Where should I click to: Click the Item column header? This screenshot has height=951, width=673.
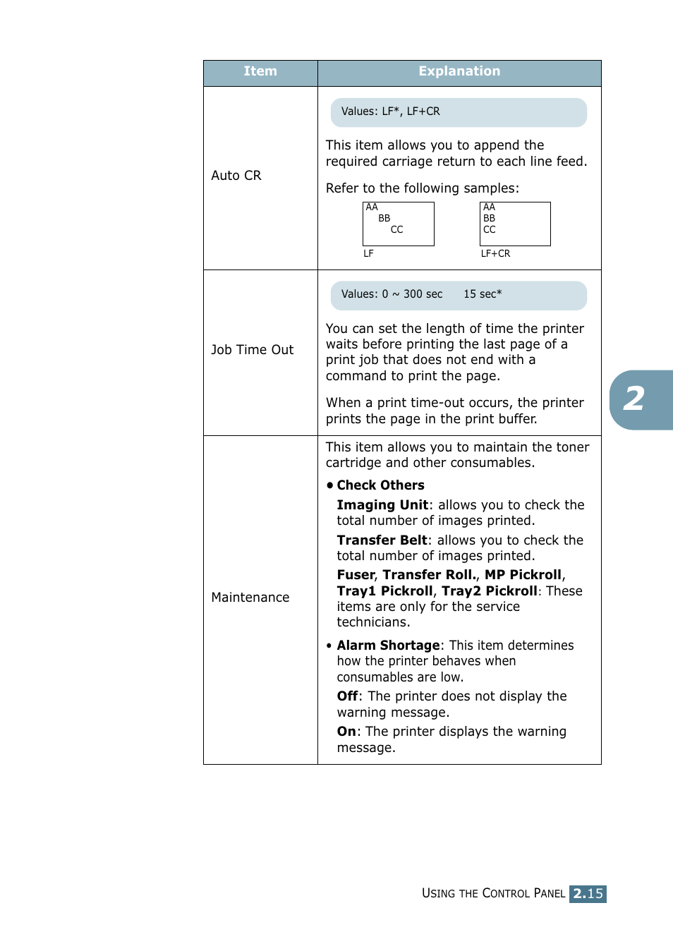pos(260,72)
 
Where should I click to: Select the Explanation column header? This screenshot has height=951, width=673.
pos(459,72)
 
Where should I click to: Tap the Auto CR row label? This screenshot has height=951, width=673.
pos(236,176)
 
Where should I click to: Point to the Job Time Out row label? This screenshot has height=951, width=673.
pos(253,350)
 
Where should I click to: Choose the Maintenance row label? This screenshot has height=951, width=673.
pos(250,598)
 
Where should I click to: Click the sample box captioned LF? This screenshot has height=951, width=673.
pos(399,224)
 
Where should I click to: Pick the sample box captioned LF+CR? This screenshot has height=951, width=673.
pos(515,224)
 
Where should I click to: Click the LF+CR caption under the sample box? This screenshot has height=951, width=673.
pos(495,253)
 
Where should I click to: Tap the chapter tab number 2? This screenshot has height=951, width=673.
pos(634,399)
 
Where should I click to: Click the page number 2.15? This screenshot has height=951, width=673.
pos(588,894)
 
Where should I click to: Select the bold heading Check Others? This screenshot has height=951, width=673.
pos(380,485)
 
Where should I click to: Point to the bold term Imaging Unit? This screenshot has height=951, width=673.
pos(382,505)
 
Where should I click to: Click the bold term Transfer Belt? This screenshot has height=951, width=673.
pos(382,540)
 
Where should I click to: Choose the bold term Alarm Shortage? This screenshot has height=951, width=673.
pos(388,646)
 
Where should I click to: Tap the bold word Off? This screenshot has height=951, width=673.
pos(347,696)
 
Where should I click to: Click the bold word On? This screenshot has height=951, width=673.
pos(346,732)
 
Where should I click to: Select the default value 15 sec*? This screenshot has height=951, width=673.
pos(483,294)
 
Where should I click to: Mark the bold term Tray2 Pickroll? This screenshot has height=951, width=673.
pos(489,591)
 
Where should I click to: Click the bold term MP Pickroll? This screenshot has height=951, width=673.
pos(523,575)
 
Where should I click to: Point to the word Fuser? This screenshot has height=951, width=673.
pos(356,575)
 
